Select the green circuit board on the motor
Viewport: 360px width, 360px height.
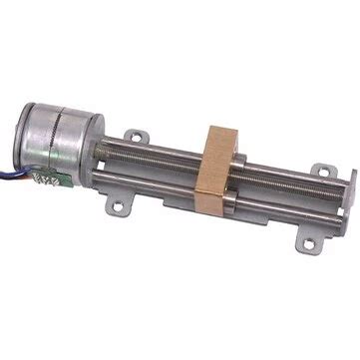coord(45,177)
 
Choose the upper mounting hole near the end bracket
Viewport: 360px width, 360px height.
coord(319,171)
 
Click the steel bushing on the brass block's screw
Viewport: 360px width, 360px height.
coord(239,160)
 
